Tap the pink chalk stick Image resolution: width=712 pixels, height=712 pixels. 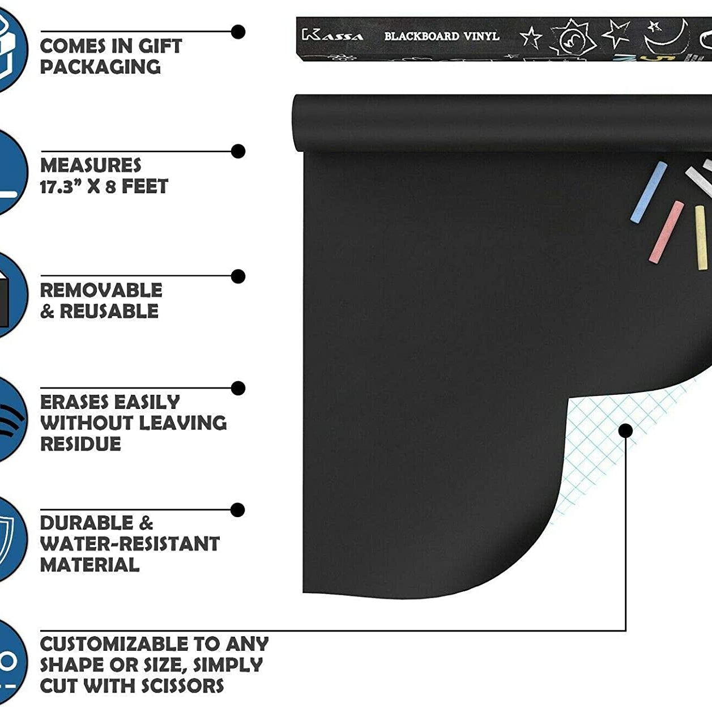point(667,232)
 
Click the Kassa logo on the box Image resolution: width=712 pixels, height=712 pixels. point(332,36)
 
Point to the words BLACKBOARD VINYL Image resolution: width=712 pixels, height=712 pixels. point(442,36)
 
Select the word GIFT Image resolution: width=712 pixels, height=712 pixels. point(160,46)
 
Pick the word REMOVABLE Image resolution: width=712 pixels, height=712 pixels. point(101,290)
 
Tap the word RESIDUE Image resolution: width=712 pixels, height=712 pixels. point(80,444)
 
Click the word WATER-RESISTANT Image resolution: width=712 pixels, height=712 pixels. point(130,544)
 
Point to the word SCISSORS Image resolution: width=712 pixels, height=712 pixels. point(182,686)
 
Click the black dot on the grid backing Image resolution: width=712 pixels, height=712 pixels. point(625,431)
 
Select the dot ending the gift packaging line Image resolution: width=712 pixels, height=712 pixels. point(238,32)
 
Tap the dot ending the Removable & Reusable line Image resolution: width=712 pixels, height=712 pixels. point(238,276)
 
